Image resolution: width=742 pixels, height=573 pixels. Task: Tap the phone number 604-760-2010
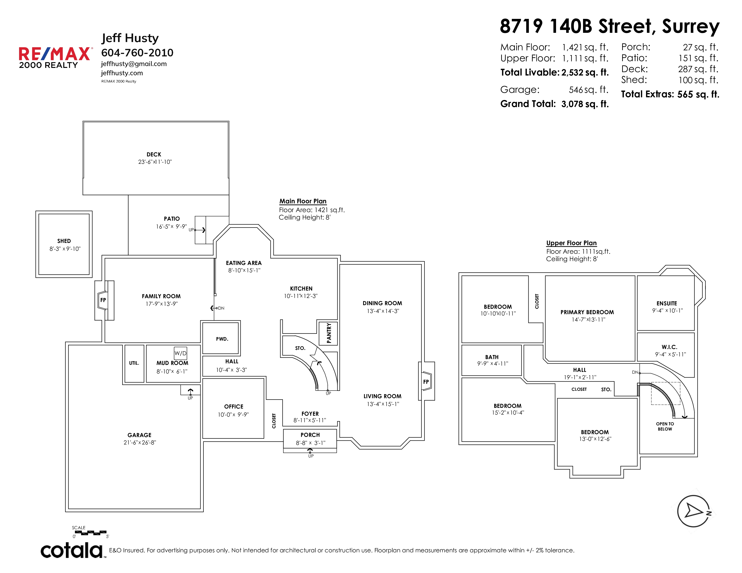click(137, 53)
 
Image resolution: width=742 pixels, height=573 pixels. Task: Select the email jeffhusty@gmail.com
click(134, 64)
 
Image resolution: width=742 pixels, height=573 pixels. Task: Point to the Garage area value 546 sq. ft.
click(588, 90)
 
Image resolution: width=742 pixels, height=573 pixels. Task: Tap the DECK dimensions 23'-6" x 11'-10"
click(155, 162)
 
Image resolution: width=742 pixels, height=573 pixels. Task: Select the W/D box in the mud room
click(180, 353)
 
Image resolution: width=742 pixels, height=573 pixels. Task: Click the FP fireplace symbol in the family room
click(103, 300)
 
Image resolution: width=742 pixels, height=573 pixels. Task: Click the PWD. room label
click(222, 339)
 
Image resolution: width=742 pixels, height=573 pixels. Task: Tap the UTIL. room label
click(134, 363)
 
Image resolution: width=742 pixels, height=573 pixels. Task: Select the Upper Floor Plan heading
click(571, 243)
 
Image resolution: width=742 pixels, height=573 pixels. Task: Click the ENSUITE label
click(667, 304)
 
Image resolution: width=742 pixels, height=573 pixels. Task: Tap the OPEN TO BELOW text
click(665, 426)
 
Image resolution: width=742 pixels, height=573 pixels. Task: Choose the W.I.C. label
click(669, 347)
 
